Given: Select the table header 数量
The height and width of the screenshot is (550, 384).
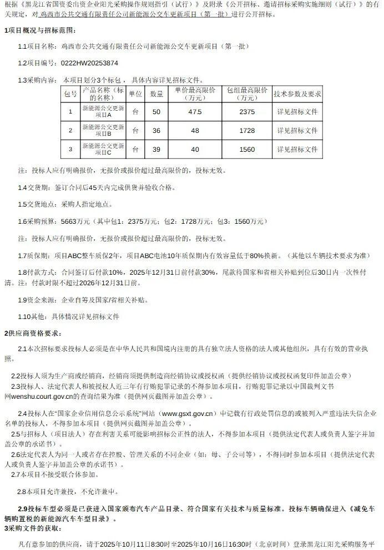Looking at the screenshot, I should click(x=156, y=94).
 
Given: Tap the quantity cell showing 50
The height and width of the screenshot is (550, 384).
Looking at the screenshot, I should click(x=156, y=112).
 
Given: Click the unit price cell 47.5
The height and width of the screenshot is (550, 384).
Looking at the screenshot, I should click(x=194, y=112).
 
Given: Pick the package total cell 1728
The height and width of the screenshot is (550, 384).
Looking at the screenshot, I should click(x=246, y=131).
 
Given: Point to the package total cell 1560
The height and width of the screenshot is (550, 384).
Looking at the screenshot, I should click(x=246, y=150).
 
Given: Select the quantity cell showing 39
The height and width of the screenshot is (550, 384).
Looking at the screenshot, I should click(x=156, y=150).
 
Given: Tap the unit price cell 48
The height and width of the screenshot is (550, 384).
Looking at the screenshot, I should click(x=194, y=131).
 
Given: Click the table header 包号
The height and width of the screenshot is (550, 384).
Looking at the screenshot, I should click(x=70, y=94).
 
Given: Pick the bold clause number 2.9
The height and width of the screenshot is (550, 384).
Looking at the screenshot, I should click(x=23, y=508).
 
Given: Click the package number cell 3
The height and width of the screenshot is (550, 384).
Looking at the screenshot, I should click(x=70, y=150).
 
